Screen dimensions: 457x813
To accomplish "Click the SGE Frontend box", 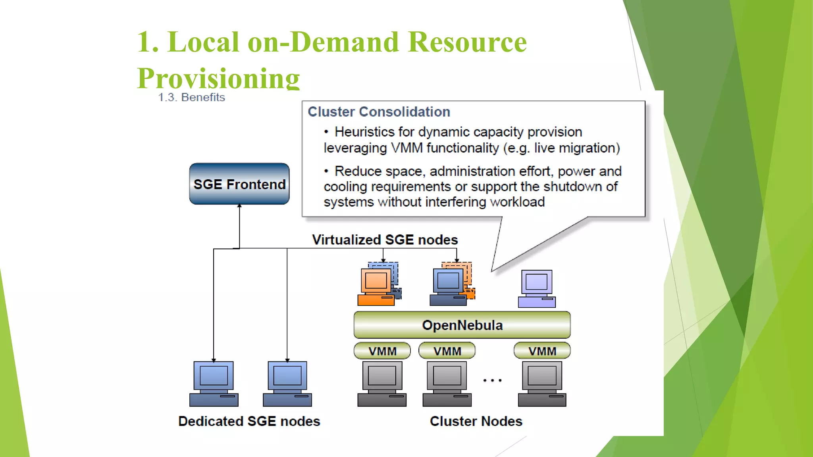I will pos(239,184).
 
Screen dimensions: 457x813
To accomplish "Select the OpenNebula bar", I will pos(462,325).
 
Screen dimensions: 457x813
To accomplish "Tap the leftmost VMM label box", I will pos(382,351).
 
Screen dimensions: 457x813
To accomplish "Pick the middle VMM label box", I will pos(447,351).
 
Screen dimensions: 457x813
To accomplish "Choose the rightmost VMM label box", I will pos(542,351).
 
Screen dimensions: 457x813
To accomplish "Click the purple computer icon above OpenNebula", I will pos(537,289).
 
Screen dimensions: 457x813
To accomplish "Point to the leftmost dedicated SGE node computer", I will pos(214,384).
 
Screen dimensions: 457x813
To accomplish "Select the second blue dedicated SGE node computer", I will pos(287,384).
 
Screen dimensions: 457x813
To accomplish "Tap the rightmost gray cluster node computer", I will pos(542,384).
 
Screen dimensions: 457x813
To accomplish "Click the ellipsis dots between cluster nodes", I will pos(492,380).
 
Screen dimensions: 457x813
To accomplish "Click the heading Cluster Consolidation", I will pos(379,112).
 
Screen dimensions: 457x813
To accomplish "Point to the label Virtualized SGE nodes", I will pos(385,240).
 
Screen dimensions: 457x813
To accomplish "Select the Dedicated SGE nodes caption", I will pos(249,421).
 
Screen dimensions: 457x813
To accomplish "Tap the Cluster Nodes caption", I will pos(476,421).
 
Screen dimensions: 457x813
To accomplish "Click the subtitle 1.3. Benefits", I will pos(191,97).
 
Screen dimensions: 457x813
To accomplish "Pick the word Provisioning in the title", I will pos(218,78).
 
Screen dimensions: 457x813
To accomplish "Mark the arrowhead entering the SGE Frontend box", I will pos(239,206).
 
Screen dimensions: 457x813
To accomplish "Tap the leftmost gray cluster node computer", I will pos(382,384).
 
